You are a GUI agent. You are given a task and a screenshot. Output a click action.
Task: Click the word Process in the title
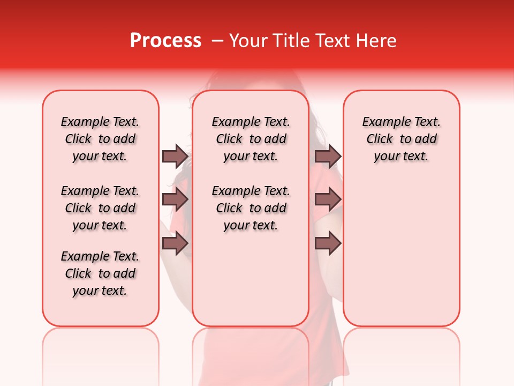coord(165,41)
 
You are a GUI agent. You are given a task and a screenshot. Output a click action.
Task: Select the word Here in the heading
coord(376,41)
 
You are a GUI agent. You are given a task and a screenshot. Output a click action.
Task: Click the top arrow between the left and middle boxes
coord(175,156)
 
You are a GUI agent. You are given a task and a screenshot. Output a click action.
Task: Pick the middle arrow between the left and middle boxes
coord(175,199)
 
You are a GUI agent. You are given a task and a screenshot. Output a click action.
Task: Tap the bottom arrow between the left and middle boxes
coord(175,243)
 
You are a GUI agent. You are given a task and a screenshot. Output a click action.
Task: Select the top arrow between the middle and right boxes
coord(328,156)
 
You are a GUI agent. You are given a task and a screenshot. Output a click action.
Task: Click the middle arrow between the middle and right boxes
coord(328,199)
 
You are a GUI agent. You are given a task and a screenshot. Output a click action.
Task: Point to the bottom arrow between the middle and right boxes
coord(328,243)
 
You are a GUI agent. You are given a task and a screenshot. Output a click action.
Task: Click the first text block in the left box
coord(100,139)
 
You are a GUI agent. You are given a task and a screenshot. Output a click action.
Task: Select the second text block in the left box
coord(100,208)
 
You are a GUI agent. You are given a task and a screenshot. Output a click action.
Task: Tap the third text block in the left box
coord(100,273)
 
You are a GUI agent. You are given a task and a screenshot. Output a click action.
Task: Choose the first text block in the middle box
coord(251,139)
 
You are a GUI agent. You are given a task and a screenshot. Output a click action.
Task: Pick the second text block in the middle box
coord(251,208)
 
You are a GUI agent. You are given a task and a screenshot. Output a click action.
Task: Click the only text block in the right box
coord(402,139)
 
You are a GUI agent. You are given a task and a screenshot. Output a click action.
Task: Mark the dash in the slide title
coord(217,41)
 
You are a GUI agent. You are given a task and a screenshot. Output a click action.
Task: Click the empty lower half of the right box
coord(402,257)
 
